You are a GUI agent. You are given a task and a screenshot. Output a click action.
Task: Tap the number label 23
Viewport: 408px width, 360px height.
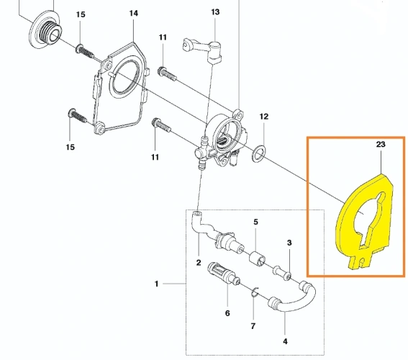[381, 145]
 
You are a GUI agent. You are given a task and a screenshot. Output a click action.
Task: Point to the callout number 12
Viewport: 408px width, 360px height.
[263, 116]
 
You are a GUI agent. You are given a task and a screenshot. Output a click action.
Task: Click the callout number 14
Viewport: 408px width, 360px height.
[133, 13]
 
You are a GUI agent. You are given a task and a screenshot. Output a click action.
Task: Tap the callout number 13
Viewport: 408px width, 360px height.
[215, 12]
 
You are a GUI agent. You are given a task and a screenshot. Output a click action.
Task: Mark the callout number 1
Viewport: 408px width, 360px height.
[156, 284]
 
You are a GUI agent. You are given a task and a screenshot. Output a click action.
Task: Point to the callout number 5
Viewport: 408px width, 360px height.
[255, 222]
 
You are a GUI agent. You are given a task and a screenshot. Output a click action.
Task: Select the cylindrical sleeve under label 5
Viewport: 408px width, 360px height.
[255, 257]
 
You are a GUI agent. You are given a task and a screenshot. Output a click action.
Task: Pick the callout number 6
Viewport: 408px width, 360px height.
[227, 313]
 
